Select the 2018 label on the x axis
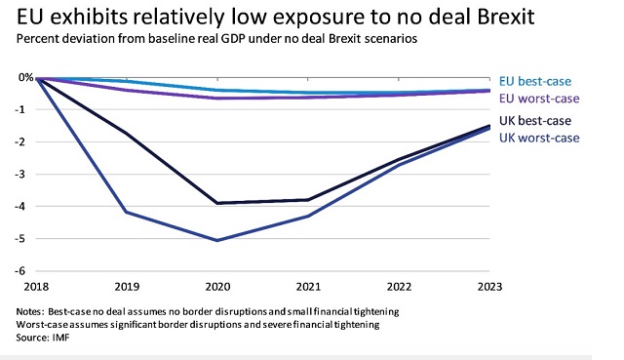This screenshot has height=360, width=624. tap(37, 287)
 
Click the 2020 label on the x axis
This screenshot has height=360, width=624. tap(217, 287)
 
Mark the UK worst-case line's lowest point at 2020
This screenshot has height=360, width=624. tap(217, 240)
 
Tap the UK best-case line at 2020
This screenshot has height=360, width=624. tap(217, 203)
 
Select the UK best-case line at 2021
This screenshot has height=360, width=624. tap(308, 200)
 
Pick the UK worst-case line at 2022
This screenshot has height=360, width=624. tap(398, 165)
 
